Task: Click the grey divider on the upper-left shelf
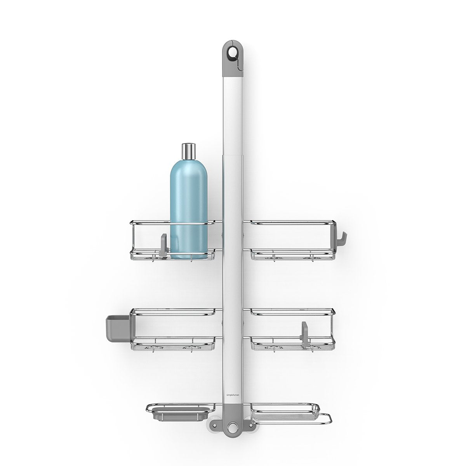(x=163, y=245)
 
